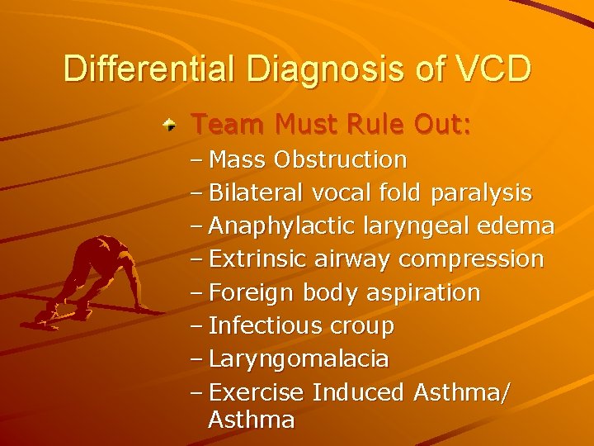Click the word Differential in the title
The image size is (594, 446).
click(150, 69)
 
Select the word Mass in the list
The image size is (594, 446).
click(238, 159)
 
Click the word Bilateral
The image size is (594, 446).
click(257, 192)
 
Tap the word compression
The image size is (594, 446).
click(471, 259)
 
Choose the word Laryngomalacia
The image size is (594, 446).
click(299, 359)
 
